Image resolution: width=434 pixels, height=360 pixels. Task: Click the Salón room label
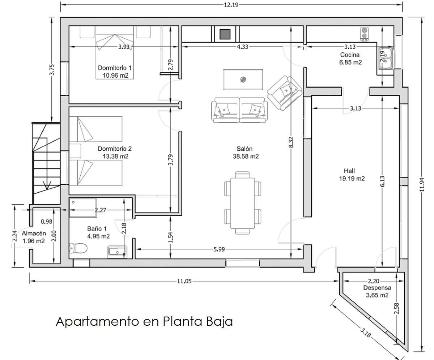(x=244, y=149)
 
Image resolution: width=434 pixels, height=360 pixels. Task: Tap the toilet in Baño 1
(x=78, y=248)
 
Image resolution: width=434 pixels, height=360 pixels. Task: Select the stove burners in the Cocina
(x=364, y=34)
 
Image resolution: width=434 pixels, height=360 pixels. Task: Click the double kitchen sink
(x=386, y=58)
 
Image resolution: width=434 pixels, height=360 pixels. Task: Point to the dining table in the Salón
(x=243, y=203)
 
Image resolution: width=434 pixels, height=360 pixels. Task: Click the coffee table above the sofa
(x=243, y=80)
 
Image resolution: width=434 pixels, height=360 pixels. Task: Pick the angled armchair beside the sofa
(x=285, y=93)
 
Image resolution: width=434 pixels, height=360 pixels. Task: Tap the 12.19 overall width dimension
(x=231, y=5)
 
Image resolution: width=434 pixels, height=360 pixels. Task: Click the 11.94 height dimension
(x=422, y=185)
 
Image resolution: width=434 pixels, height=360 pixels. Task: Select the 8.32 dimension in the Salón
(x=291, y=142)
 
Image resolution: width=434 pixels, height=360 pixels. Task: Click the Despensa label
(x=377, y=288)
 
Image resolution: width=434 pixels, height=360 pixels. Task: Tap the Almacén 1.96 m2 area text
(x=34, y=241)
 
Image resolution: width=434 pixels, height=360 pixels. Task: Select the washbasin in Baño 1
(x=117, y=252)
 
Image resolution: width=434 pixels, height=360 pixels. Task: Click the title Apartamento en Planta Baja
(x=144, y=322)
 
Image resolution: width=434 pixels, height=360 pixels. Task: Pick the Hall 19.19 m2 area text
(x=352, y=179)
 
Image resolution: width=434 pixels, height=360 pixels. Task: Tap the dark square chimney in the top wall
(x=225, y=34)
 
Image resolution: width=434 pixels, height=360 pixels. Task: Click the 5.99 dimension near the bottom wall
(x=219, y=249)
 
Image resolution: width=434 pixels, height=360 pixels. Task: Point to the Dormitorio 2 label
(x=115, y=149)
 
